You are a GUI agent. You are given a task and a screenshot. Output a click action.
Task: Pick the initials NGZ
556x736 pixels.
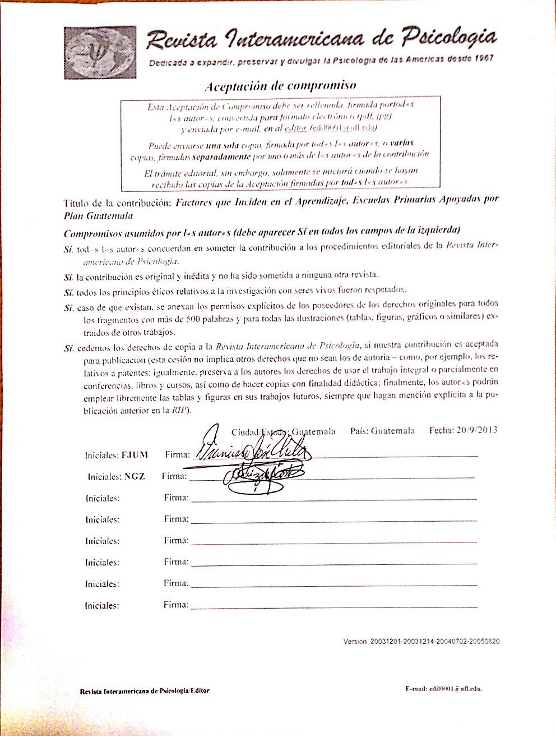pos(135,476)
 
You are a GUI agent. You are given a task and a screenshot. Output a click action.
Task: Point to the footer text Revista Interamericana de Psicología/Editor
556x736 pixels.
pos(145,691)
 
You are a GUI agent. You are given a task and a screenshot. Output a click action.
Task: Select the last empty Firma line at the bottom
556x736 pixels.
pos(333,606)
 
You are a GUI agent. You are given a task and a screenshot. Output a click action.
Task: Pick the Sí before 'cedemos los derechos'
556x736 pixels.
pos(69,348)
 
